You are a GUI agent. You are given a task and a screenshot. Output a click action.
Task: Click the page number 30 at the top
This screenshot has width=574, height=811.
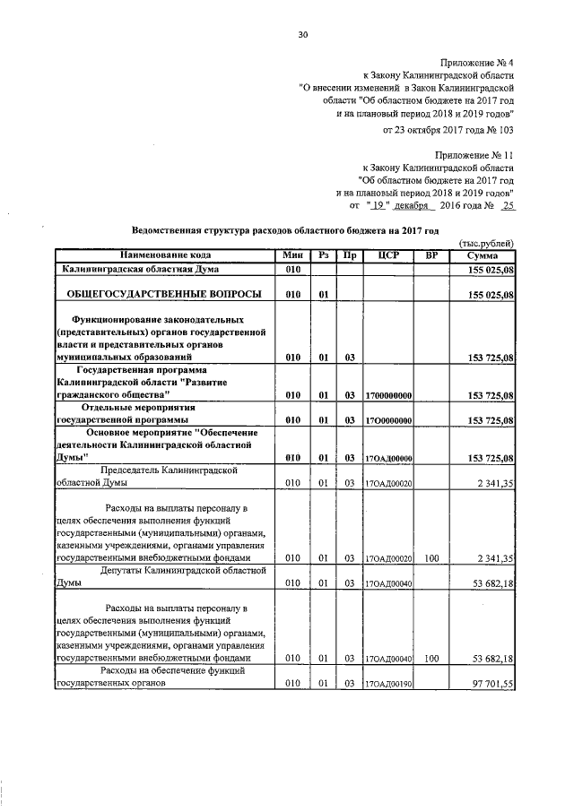click(x=302, y=35)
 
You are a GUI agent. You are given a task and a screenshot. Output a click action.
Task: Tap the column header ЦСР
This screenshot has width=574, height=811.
click(x=388, y=255)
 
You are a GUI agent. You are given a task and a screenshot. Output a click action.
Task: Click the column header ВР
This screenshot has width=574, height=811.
click(x=431, y=255)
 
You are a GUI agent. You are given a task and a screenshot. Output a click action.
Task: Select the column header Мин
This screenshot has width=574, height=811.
click(x=291, y=255)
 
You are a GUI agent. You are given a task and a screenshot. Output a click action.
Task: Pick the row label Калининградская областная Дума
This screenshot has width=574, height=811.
click(x=140, y=269)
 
